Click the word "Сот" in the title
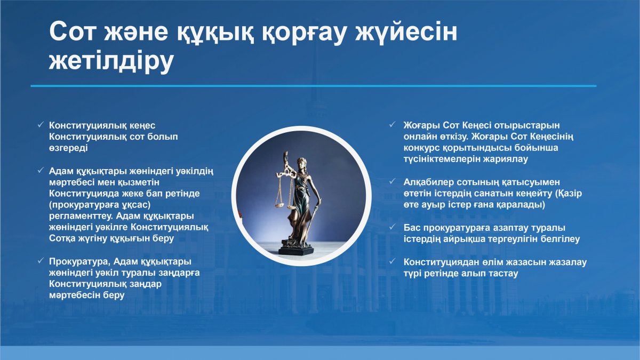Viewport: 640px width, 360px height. [x=71, y=31]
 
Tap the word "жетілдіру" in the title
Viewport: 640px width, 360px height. [x=111, y=61]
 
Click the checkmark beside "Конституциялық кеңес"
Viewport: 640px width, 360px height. [x=41, y=125]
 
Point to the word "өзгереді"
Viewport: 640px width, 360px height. [x=68, y=148]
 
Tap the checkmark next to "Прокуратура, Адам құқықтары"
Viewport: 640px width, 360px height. [x=41, y=261]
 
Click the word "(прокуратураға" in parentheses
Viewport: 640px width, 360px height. [x=83, y=205]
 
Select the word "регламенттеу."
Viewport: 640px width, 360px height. [x=81, y=217]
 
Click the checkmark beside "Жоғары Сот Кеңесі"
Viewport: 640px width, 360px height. [x=393, y=125]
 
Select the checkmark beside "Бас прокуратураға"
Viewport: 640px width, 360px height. [x=393, y=227]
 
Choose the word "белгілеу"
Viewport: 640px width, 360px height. [x=560, y=239]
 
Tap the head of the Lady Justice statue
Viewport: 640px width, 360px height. [x=302, y=163]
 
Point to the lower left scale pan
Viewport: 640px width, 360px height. [x=279, y=205]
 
